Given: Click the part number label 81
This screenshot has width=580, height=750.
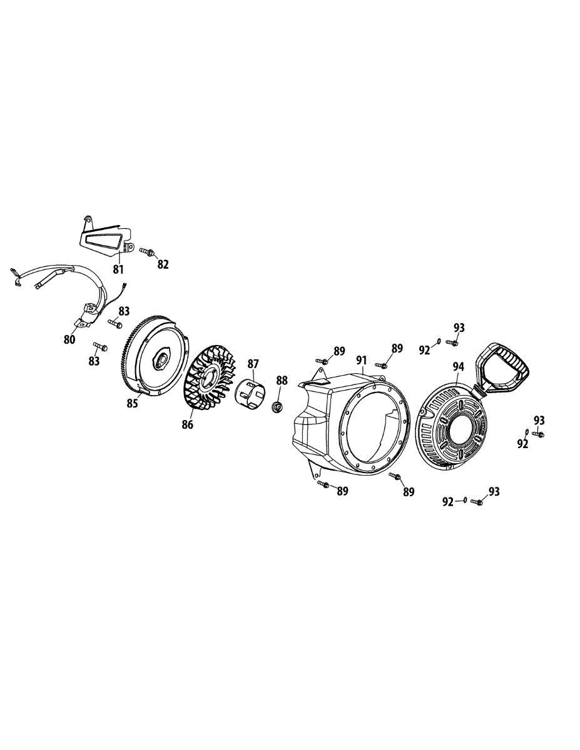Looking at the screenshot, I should pyautogui.click(x=118, y=269).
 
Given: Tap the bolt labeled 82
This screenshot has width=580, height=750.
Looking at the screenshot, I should pyautogui.click(x=148, y=251).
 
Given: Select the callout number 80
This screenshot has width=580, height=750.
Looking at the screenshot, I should pyautogui.click(x=69, y=339).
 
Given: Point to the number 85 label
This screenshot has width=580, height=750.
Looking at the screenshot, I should pyautogui.click(x=132, y=403).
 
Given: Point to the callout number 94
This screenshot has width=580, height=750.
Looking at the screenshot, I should pyautogui.click(x=458, y=367).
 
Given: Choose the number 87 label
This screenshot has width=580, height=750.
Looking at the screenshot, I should pyautogui.click(x=253, y=363).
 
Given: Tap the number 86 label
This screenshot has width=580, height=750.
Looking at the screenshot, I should pyautogui.click(x=187, y=425).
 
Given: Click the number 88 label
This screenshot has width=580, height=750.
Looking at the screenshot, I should pyautogui.click(x=282, y=380).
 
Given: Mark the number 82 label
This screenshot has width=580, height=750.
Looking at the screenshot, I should pyautogui.click(x=163, y=264).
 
